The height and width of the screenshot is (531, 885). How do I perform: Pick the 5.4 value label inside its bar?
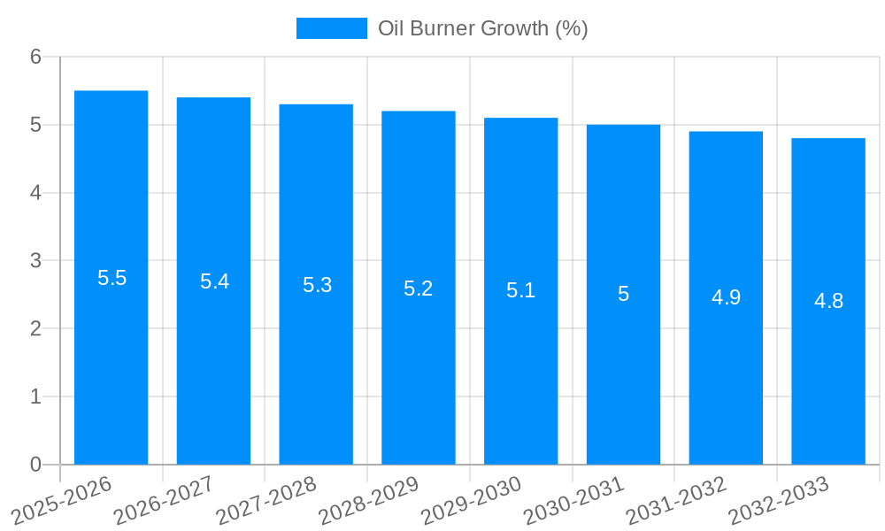[x=214, y=281]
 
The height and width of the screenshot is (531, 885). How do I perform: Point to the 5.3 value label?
[x=317, y=285]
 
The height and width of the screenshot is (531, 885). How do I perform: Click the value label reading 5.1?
[x=520, y=290]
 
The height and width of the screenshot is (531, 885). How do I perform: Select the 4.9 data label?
[x=726, y=297]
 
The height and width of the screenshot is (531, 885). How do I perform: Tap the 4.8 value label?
[x=828, y=301]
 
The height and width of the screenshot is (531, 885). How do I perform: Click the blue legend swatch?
[x=331, y=28]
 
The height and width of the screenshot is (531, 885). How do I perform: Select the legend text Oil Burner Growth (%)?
[x=482, y=28]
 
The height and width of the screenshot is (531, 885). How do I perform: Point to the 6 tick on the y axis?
[x=35, y=57]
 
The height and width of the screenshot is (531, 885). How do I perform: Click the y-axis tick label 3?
[x=35, y=261]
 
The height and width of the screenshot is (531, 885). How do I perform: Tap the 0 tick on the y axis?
[x=35, y=465]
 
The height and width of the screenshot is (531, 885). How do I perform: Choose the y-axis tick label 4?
[x=35, y=193]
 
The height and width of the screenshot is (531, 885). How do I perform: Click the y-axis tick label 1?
[x=35, y=396]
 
